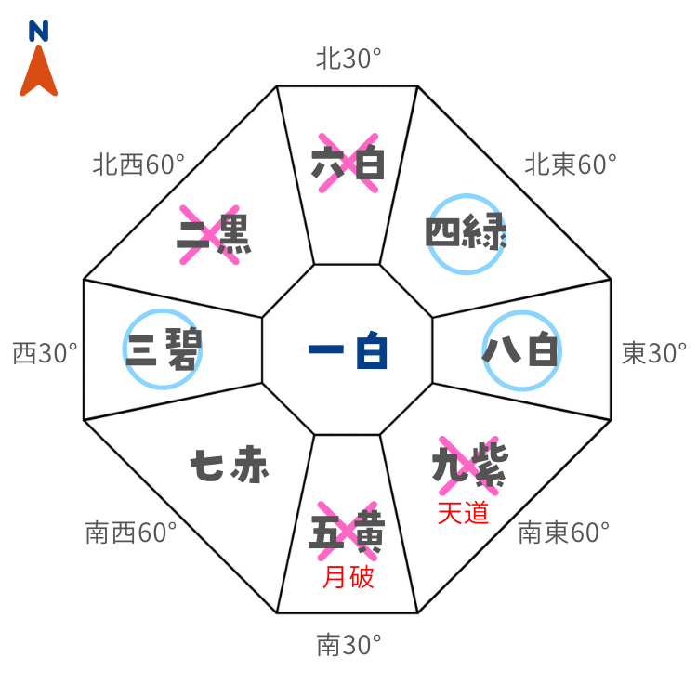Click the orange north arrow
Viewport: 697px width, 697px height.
pyautogui.click(x=39, y=72)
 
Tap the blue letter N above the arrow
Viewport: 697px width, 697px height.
pyautogui.click(x=39, y=33)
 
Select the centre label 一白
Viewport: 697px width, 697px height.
pyautogui.click(x=348, y=352)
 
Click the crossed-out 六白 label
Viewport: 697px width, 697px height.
pyautogui.click(x=348, y=164)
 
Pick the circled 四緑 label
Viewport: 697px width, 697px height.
pyautogui.click(x=466, y=233)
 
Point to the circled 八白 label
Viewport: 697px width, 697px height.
pyautogui.click(x=521, y=351)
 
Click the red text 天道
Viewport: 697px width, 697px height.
pyautogui.click(x=463, y=513)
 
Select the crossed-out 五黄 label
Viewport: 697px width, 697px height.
pyautogui.click(x=348, y=533)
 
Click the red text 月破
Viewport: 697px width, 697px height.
pyautogui.click(x=348, y=578)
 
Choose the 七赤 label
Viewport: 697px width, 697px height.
pyautogui.click(x=230, y=465)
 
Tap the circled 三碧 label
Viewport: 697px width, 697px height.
pyautogui.click(x=163, y=349)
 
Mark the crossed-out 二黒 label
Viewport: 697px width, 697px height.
pyautogui.click(x=215, y=236)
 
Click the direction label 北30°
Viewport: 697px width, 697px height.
pyautogui.click(x=348, y=60)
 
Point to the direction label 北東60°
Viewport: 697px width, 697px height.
pyautogui.click(x=570, y=165)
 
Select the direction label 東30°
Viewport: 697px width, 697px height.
pyautogui.click(x=653, y=353)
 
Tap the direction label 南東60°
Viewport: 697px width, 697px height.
pyautogui.click(x=563, y=533)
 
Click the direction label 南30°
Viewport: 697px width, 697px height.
pyautogui.click(x=348, y=644)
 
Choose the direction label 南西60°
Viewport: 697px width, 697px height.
pyautogui.click(x=130, y=533)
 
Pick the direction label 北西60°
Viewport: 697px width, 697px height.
pyautogui.click(x=138, y=165)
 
